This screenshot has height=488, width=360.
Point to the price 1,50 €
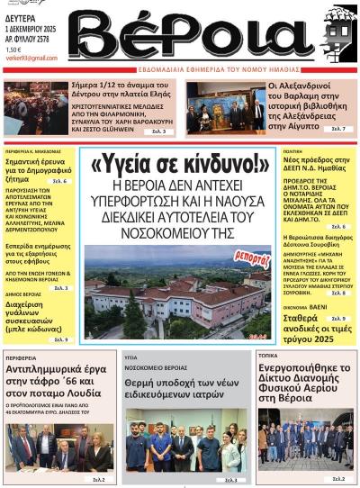pyautogui.click(x=13, y=50)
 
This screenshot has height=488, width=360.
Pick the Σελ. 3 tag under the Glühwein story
pyautogui.click(x=157, y=131)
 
